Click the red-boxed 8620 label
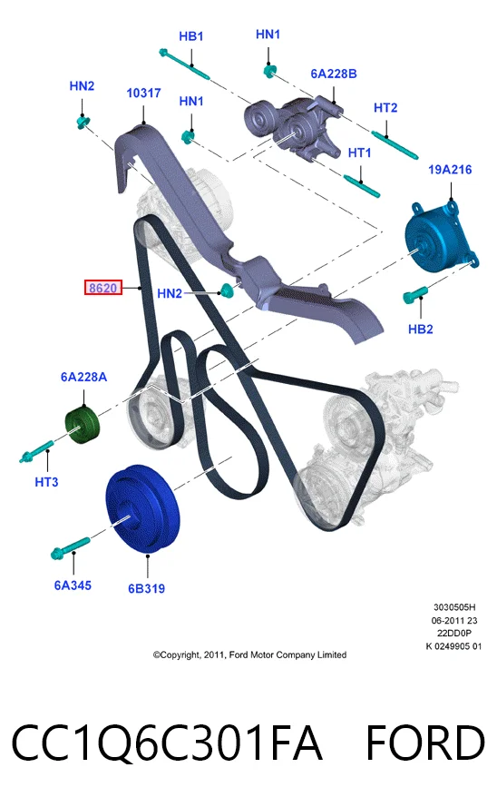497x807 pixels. tap(103, 288)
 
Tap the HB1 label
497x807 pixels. tap(191, 36)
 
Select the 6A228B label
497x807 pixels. tap(334, 74)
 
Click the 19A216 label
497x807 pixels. tap(450, 170)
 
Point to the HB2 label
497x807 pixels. tap(421, 329)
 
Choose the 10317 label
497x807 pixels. tap(144, 93)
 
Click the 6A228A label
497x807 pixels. tap(83, 378)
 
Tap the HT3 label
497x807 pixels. tap(46, 482)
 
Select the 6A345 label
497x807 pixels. tap(73, 586)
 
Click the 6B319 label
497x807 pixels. tap(147, 589)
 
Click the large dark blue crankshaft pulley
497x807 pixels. tap(143, 509)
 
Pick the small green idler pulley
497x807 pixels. tap(83, 425)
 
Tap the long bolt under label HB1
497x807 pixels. tap(184, 64)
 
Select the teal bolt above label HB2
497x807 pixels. tap(414, 294)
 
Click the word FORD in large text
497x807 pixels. tap(425, 743)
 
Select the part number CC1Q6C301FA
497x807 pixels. tap(167, 743)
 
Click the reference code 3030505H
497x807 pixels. tap(454, 607)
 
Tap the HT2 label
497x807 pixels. tap(385, 108)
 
